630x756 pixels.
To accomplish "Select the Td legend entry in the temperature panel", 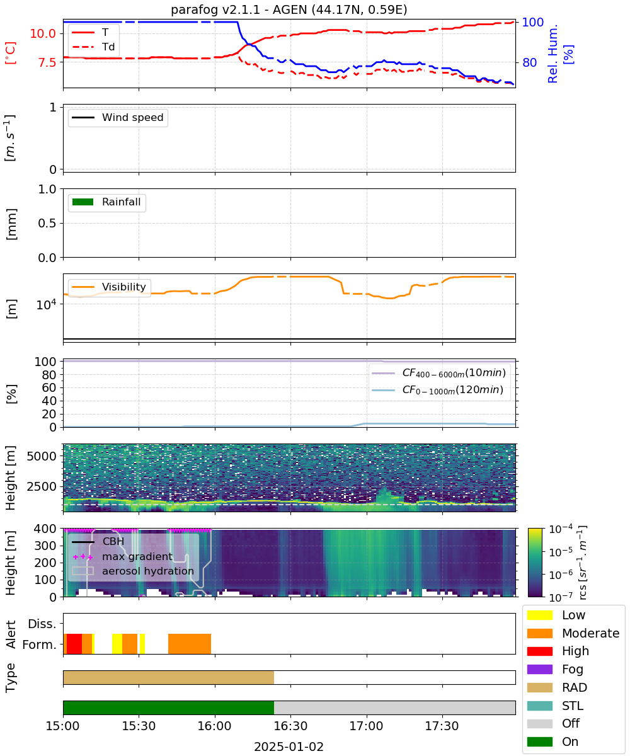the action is [x=93, y=47].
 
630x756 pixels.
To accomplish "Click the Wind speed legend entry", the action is [x=118, y=117].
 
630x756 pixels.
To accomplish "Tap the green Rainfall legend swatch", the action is [x=83, y=202].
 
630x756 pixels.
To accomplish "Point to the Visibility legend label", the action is [x=124, y=287].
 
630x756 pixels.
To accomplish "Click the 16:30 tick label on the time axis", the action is [x=290, y=726].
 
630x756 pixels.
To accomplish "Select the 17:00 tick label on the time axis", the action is [x=366, y=726].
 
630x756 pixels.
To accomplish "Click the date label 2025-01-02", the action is [x=289, y=747].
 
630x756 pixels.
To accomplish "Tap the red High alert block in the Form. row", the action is [x=74, y=644].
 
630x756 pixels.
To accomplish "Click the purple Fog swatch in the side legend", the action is [x=539, y=669].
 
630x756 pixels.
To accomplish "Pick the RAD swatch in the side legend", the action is [x=539, y=687].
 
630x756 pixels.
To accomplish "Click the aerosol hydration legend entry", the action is [x=133, y=571].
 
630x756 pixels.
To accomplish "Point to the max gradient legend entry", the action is [x=123, y=556].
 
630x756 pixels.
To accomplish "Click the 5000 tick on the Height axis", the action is [x=42, y=456].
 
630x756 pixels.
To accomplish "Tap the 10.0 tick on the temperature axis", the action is [x=43, y=33].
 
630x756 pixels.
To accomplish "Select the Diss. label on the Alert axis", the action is [x=42, y=624].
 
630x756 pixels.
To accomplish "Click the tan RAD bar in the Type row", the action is [x=168, y=677].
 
